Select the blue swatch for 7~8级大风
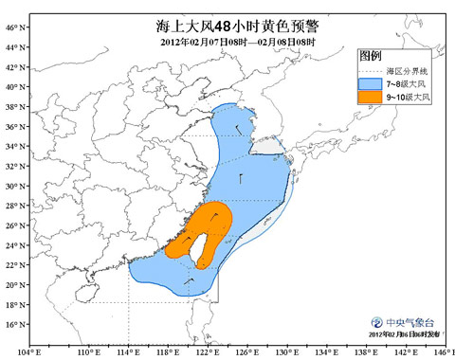point(370,83)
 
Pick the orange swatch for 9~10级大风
point(370,98)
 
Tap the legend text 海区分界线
point(403,71)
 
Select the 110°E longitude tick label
point(88,352)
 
